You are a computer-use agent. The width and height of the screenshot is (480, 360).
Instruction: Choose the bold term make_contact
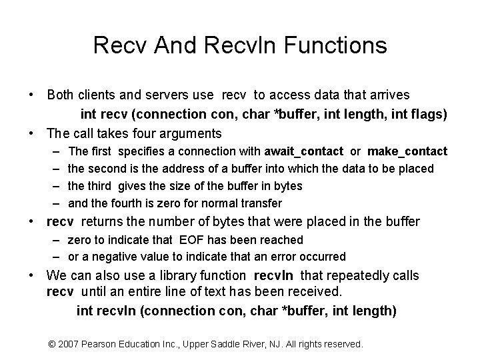pyautogui.click(x=407, y=152)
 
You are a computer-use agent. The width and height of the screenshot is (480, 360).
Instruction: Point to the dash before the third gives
pyautogui.click(x=53, y=186)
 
